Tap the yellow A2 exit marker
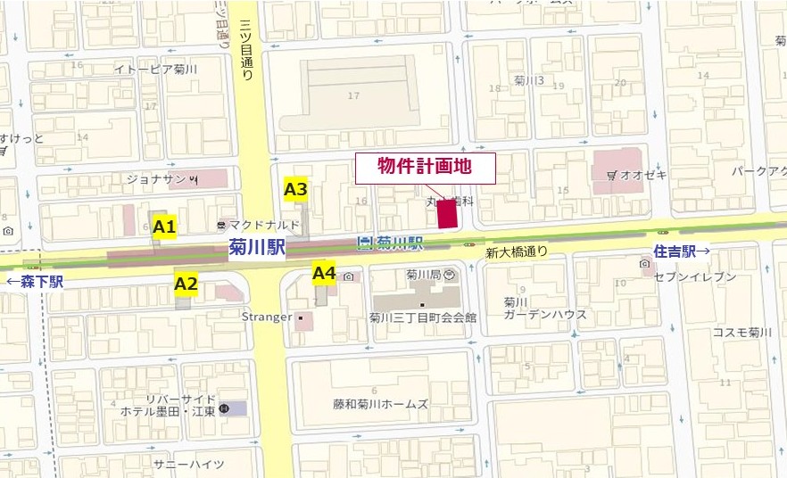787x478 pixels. pyautogui.click(x=186, y=284)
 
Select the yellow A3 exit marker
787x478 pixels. pyautogui.click(x=295, y=189)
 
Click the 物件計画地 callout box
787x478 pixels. pyautogui.click(x=424, y=168)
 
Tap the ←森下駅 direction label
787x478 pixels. pyautogui.click(x=36, y=283)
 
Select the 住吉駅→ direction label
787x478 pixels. pyautogui.click(x=682, y=251)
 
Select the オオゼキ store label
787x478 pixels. pyautogui.click(x=642, y=176)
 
